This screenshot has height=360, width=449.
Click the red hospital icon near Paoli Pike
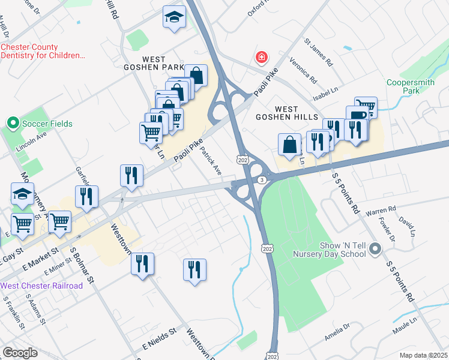pyautogui.click(x=261, y=58)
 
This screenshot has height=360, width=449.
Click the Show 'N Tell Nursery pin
pyautogui.click(x=375, y=248)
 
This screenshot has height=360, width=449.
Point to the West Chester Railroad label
pyautogui.click(x=41, y=286)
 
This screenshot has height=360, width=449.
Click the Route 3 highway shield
pyautogui.click(x=262, y=180)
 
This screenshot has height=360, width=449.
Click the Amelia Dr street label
pyautogui.click(x=337, y=332)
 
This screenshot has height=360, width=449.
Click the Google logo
pyautogui.click(x=20, y=353)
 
